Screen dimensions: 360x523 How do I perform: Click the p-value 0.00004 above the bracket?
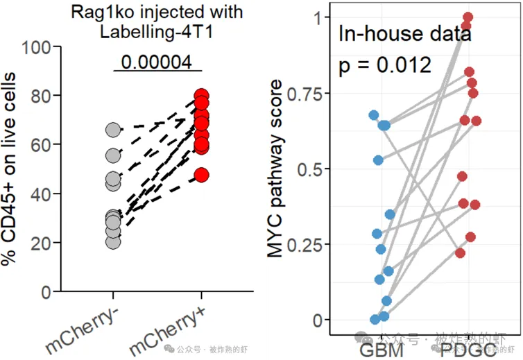157,61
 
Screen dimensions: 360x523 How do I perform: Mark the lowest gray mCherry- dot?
113,241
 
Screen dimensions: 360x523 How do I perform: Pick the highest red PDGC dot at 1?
468,17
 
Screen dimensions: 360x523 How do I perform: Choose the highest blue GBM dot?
374,115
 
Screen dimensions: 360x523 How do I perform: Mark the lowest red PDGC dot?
460,253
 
